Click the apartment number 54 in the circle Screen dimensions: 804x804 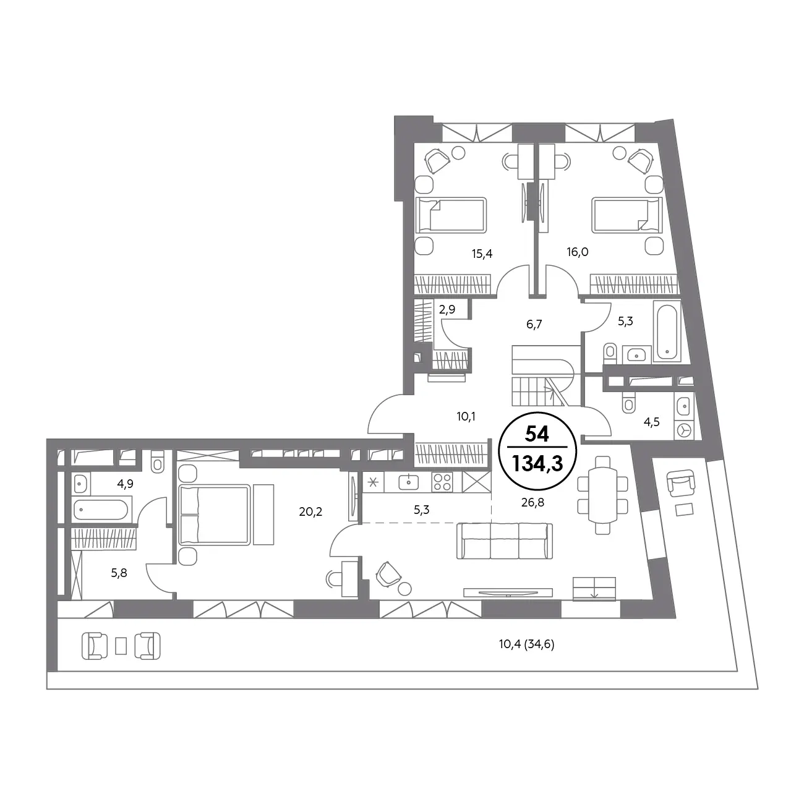tap(537, 434)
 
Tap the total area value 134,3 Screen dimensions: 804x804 tap(537, 463)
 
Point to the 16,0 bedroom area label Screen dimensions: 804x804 tap(578, 252)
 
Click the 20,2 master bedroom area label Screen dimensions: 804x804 tap(310, 511)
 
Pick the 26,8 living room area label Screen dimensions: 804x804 tap(532, 503)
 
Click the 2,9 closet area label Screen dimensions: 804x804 tap(447, 309)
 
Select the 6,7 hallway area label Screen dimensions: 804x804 tap(534, 324)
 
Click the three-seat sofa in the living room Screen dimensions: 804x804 tap(505, 541)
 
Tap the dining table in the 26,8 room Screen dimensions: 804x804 tap(602, 495)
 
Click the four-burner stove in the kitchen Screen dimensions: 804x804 tap(442, 482)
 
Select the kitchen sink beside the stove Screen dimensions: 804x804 tap(409, 482)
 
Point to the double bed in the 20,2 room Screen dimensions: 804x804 tap(215, 515)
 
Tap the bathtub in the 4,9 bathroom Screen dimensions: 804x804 tap(100, 509)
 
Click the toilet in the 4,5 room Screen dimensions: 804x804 tap(628, 403)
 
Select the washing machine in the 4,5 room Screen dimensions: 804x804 tap(684, 430)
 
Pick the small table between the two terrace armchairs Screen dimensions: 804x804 tap(121, 646)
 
